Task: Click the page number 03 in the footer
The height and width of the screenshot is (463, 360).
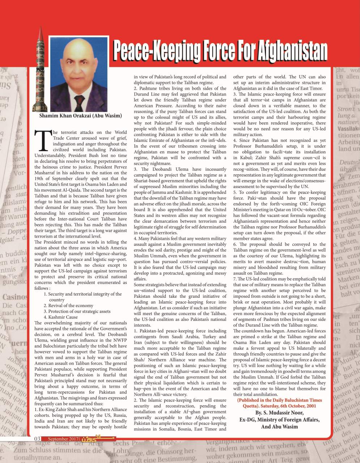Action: click(37, 439)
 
